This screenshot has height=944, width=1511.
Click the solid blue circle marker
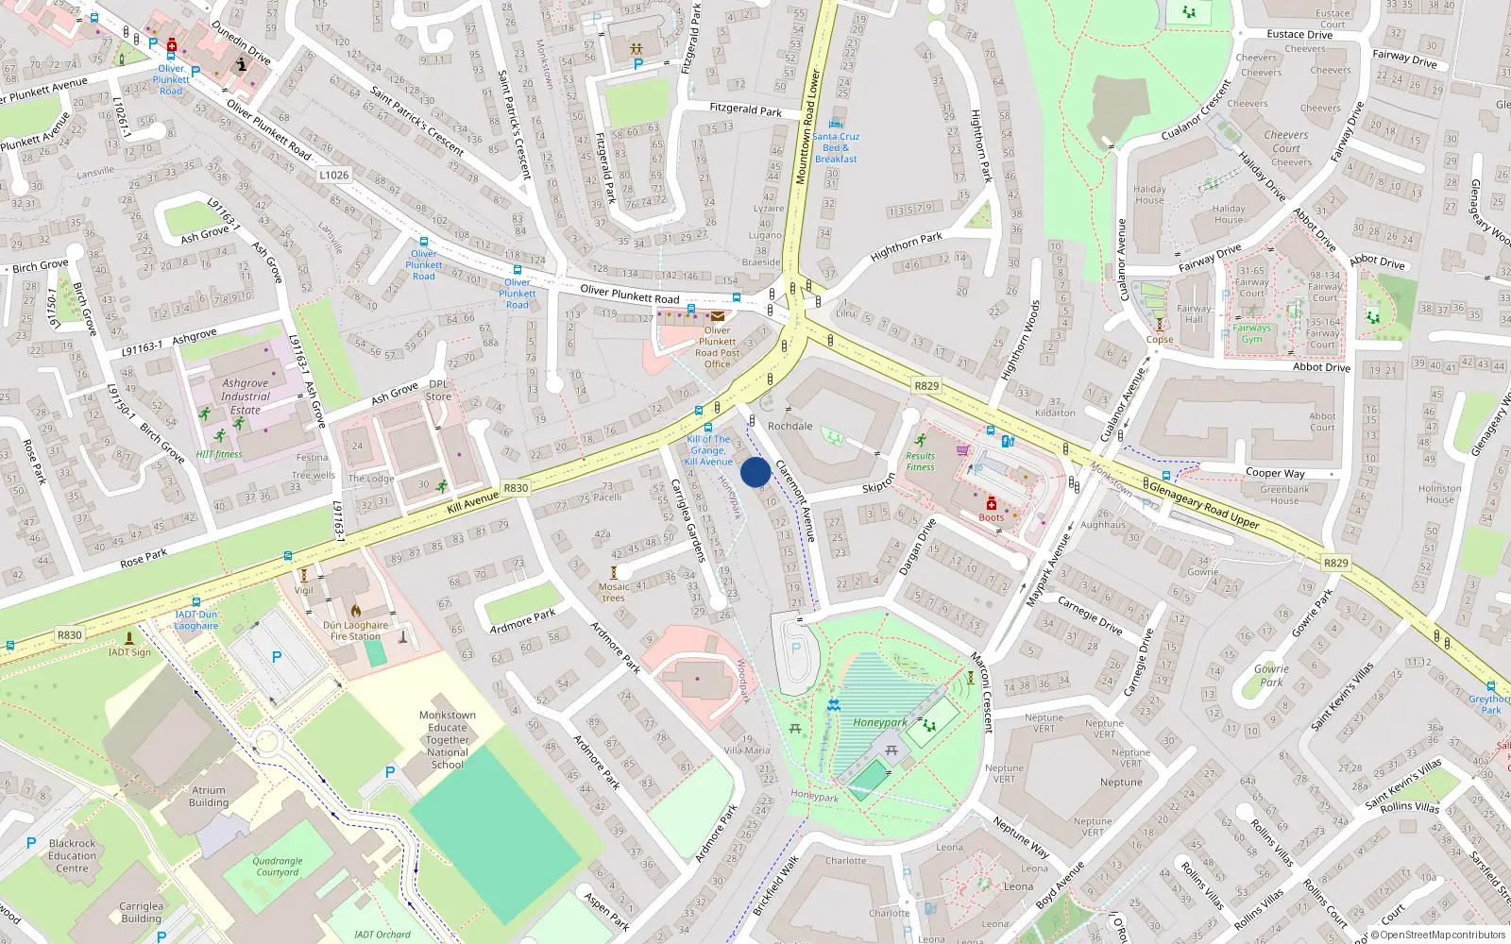point(755,473)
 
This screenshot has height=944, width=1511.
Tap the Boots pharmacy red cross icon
point(992,504)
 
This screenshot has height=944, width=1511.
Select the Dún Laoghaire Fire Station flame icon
point(356,611)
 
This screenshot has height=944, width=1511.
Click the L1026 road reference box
point(333,175)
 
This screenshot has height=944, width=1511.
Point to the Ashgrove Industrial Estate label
point(246,396)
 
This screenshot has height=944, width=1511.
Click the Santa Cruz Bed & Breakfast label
point(836,147)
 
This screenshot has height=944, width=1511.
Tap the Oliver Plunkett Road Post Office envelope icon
point(718,316)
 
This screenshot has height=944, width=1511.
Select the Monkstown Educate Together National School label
point(447,740)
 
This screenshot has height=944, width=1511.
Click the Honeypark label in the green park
point(879,723)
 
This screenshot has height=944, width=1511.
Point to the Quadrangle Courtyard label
point(278,867)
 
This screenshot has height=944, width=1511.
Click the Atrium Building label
point(209,797)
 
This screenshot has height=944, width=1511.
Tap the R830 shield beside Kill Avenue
point(516,488)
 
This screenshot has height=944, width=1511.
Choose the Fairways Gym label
point(1251,333)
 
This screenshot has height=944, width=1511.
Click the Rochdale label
point(789,426)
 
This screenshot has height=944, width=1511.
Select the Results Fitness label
point(920,462)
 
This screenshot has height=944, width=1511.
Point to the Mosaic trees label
point(614,592)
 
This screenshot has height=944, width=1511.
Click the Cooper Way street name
point(1275,473)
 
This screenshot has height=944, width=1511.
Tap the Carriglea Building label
point(141,912)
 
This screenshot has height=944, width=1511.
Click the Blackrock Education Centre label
point(72,855)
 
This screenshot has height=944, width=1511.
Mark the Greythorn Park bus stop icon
point(1491,687)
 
